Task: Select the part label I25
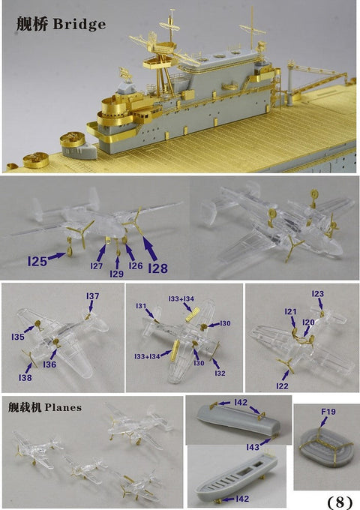point(37,261)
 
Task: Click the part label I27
point(97,266)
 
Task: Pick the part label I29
point(116,274)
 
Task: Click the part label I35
point(18,337)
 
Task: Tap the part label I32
point(219,373)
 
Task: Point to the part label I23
point(317,294)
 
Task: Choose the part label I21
point(291,311)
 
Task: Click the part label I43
point(254,447)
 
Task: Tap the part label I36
point(49,364)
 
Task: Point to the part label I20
point(308,322)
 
